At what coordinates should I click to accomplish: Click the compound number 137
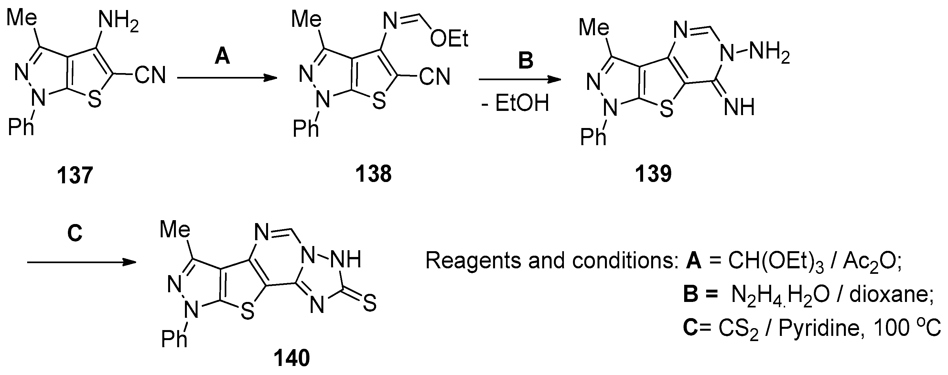(x=75, y=175)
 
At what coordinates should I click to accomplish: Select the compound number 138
(x=373, y=174)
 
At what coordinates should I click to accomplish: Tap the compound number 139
(x=653, y=174)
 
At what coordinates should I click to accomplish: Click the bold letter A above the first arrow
(x=222, y=57)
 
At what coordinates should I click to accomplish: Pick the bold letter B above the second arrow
(x=525, y=60)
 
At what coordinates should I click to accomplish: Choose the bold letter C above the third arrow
(x=75, y=233)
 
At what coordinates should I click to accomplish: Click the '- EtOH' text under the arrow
(x=515, y=103)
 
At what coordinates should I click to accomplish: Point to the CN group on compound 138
(x=435, y=77)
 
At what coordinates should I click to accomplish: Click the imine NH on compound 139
(x=739, y=107)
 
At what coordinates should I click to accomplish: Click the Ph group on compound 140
(x=174, y=338)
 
